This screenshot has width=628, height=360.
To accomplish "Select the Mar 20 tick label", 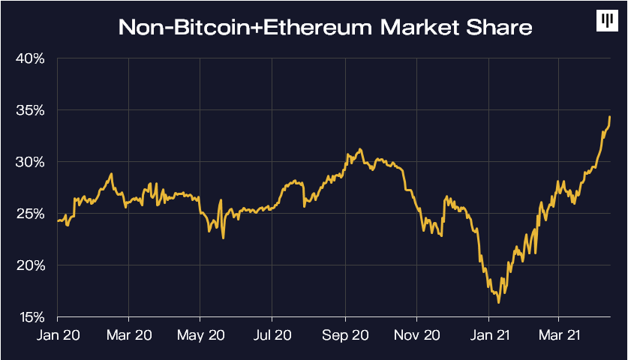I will tap(129, 335).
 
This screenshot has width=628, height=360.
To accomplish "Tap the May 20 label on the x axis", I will tap(200, 335).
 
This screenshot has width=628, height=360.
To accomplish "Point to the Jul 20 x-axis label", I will tap(272, 335).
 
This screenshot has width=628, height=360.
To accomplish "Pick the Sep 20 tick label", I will tap(345, 335).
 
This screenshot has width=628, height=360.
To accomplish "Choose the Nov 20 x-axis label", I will tap(417, 335).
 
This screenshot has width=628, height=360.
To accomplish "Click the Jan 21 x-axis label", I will tap(489, 335).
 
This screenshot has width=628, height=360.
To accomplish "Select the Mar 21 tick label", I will tap(559, 335).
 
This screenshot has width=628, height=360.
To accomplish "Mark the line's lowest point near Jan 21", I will tap(499, 303).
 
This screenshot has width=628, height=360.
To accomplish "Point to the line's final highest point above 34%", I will tap(610, 117).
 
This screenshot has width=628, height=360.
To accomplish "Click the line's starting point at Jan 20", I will tap(58, 220).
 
